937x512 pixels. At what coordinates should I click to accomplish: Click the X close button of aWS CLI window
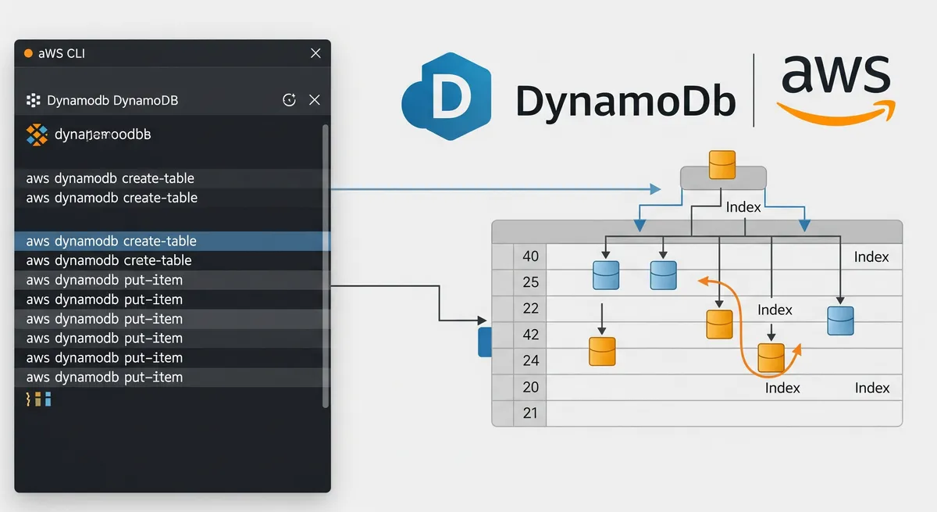coord(315,53)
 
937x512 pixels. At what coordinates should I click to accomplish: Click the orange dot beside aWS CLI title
coord(29,53)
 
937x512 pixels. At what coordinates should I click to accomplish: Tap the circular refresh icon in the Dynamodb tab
coord(289,99)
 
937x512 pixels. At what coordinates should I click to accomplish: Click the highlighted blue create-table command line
coord(111,241)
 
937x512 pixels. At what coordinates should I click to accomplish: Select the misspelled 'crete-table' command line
coord(109,260)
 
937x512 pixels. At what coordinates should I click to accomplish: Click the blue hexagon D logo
coord(446,97)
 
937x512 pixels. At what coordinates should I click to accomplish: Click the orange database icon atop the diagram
coord(722,165)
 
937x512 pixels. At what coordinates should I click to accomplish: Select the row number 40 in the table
coord(531,256)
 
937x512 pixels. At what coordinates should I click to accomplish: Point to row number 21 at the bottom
coord(531,413)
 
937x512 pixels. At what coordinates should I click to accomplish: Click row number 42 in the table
coord(531,335)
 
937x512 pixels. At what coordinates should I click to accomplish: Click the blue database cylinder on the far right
coord(840,320)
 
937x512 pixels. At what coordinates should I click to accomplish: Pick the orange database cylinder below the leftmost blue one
coord(602,351)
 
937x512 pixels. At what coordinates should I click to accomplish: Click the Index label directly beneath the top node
coord(743,207)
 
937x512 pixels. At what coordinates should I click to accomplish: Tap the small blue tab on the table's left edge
coord(483,342)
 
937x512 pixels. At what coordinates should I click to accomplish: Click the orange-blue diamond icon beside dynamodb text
coord(37,134)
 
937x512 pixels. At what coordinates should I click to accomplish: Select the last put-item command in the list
coord(104,377)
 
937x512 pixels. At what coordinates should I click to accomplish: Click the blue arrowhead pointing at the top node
coord(655,188)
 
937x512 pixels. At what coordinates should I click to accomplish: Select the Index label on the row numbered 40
coord(871,256)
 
